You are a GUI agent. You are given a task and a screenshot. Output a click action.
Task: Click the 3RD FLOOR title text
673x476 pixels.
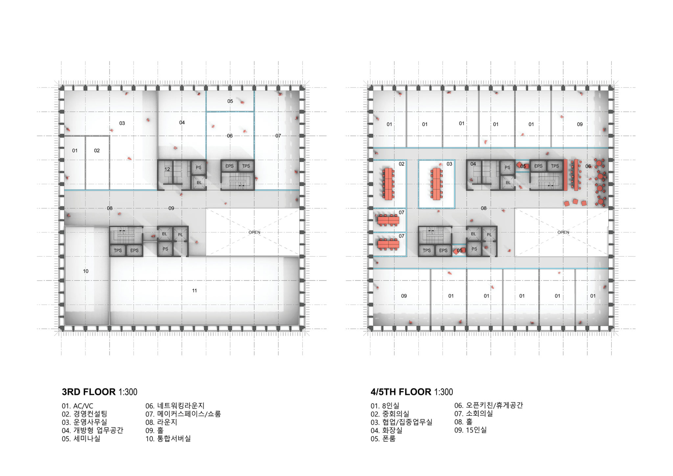coord(99,392)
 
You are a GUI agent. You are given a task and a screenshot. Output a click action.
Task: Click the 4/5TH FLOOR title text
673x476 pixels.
coord(411,392)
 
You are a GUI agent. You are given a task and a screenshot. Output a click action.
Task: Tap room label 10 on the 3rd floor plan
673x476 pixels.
coord(86,271)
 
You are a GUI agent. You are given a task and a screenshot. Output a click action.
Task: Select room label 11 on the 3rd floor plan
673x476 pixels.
coord(195,291)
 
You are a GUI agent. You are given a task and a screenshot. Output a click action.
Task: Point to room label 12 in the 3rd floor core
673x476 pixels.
coord(167,169)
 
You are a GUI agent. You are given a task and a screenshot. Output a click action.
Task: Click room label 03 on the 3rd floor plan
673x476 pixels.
coord(122,123)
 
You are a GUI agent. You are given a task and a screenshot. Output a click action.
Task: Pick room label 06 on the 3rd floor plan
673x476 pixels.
coord(230,136)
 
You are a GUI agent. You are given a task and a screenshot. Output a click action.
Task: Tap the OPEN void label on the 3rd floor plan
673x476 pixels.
coord(254,232)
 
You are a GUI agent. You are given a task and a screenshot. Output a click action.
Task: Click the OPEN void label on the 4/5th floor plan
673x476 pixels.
coord(563,232)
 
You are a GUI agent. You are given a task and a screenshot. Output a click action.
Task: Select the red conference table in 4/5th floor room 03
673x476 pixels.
coord(436,184)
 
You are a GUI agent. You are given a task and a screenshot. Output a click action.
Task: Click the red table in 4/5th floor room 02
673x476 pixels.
coord(388,184)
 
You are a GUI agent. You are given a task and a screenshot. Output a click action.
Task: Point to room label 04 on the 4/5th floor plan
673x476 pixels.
coord(473,164)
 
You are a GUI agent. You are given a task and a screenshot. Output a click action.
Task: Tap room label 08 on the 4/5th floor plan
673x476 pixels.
coord(484,208)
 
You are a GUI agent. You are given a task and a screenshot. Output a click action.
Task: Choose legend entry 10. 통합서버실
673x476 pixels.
coord(168,439)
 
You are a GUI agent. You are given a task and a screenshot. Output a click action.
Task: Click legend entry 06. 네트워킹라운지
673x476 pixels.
coord(175,406)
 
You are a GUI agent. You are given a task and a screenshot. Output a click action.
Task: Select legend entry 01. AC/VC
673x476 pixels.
coord(77,406)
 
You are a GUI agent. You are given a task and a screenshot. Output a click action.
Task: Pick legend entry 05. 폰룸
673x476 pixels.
coord(383,439)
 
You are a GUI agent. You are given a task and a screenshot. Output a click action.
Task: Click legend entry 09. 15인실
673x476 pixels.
coord(471,430)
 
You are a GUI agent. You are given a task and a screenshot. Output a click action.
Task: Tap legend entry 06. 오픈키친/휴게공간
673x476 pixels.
coord(489,406)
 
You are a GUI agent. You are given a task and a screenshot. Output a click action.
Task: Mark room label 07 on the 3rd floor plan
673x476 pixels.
coord(278,136)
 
